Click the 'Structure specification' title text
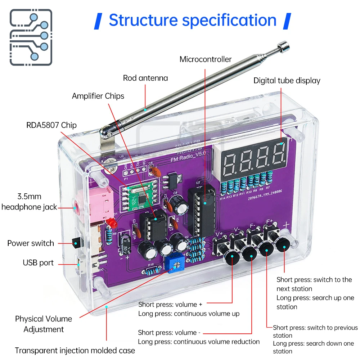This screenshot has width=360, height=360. [193, 21]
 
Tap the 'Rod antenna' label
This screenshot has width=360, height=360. [145, 78]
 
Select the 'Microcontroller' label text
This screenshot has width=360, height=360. [206, 59]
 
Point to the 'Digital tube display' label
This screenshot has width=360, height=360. [287, 81]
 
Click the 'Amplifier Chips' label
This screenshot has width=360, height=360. [98, 96]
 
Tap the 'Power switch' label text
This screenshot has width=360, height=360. [31, 243]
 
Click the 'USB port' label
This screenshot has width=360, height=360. [38, 263]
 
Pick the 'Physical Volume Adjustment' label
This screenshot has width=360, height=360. [44, 324]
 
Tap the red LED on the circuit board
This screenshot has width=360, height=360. [111, 224]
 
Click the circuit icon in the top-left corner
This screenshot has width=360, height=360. [31, 37]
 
